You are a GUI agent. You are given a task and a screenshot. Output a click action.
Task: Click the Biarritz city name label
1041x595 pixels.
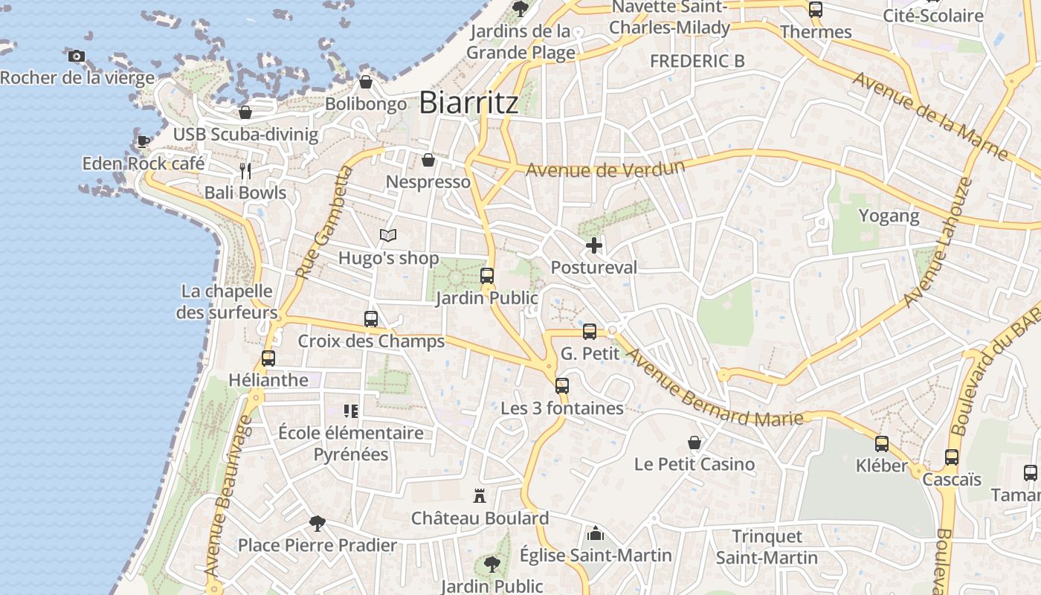coord(468,103)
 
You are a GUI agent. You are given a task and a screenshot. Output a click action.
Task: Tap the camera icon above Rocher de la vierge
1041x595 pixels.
coord(76,56)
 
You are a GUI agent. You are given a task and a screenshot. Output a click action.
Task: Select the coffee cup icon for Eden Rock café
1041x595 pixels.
coord(143,141)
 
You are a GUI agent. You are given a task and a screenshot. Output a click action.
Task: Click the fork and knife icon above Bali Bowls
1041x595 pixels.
coord(245,171)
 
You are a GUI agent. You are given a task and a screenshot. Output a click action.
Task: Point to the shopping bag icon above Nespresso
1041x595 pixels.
coord(428,160)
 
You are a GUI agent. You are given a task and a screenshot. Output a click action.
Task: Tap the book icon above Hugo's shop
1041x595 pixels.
coord(387,236)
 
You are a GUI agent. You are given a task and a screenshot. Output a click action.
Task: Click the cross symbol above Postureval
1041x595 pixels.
coord(593,245)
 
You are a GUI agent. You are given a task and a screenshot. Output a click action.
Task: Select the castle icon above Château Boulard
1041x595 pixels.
coord(480,495)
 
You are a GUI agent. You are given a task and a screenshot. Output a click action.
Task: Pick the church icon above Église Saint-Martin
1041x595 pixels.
coord(595,533)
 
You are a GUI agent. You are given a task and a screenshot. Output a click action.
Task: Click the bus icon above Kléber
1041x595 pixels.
coord(882,444)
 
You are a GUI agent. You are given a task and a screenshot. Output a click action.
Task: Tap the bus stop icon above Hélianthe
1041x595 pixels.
coord(268,358)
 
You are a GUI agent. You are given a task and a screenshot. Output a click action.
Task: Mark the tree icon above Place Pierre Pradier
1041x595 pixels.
coord(318,523)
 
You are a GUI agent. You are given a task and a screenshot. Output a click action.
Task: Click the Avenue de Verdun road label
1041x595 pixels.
coord(605,169)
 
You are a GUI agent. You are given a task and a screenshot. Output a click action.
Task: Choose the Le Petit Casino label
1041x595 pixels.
coord(694,464)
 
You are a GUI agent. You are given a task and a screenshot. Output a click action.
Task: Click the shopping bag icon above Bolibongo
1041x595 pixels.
coord(365,82)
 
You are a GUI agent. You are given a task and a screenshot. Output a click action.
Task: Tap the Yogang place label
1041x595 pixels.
coord(889,216)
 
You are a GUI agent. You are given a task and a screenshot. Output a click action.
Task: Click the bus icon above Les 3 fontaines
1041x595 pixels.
coord(562,386)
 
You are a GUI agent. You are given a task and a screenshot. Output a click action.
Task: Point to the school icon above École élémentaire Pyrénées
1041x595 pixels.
coord(350,411)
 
